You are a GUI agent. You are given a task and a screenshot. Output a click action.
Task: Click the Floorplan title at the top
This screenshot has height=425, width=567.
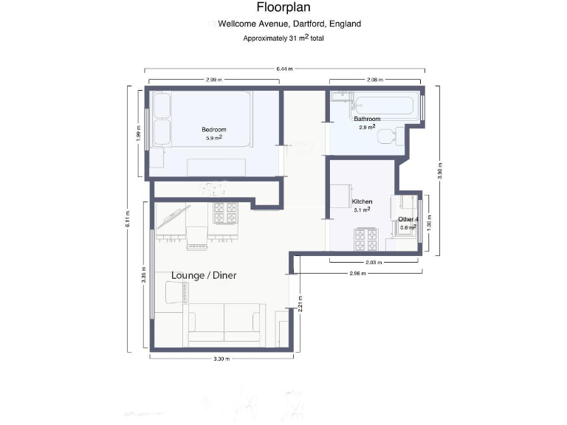tap(283, 8)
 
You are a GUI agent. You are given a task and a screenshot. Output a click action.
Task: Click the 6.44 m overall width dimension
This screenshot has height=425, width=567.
tap(284, 69)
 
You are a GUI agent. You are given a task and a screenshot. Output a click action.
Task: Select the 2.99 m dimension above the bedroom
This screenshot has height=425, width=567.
tap(214, 80)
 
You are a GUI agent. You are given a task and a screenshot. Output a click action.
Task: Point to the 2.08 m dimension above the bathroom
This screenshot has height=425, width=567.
tap(375, 80)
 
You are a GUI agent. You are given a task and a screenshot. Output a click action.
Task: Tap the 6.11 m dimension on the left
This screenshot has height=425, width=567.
tap(127, 219)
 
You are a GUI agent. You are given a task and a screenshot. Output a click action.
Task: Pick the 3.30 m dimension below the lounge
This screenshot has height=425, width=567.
tap(221, 359)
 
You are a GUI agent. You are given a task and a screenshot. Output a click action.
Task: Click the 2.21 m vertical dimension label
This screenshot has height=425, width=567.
tap(300, 304)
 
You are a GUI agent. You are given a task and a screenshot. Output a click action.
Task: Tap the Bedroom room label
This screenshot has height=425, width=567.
tap(214, 130)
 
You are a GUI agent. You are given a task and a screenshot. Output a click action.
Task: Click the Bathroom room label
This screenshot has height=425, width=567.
tap(367, 119)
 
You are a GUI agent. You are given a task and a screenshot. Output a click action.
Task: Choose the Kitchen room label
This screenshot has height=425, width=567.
tap(362, 201)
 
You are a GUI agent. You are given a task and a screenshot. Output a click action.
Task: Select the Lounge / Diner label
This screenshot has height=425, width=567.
tap(209, 275)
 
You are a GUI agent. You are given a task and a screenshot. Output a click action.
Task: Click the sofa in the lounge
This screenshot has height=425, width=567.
tap(225, 325)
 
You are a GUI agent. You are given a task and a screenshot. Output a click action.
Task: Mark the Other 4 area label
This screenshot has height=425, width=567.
tap(408, 220)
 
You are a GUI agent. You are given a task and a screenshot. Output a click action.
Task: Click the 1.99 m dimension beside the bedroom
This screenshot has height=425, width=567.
tap(139, 132)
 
